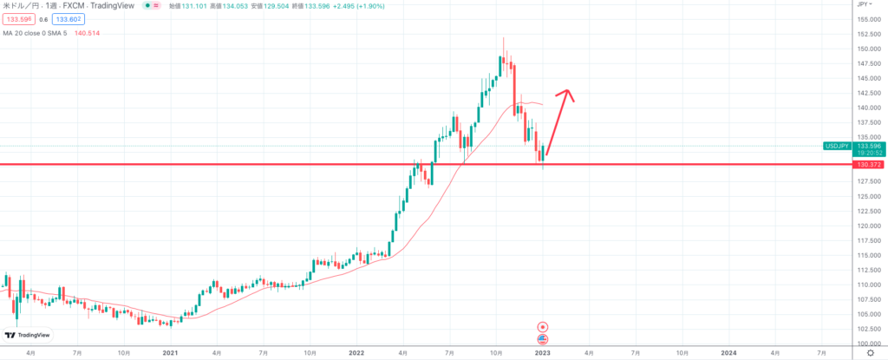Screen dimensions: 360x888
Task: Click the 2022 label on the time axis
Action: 356,353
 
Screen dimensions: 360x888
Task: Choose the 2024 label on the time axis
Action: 728,353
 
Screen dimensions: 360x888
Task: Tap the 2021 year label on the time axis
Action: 170,353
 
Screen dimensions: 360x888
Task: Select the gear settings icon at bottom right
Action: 870,353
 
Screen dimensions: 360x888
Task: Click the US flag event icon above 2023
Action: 543,337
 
